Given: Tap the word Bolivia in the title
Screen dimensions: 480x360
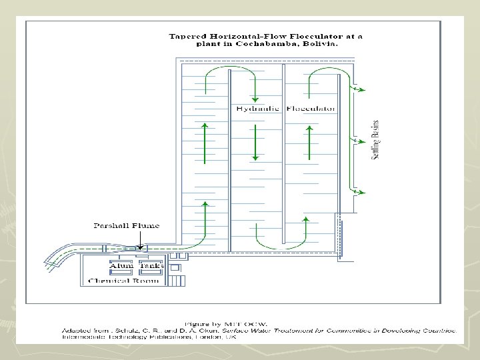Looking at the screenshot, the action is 321,44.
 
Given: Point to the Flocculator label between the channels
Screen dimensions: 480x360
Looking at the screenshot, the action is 311,108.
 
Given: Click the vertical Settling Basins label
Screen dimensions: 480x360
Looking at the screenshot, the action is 375,139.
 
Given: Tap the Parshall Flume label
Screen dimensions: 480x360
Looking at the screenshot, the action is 126,226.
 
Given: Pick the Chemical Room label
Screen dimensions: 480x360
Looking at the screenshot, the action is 124,281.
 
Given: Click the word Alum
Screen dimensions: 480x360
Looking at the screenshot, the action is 121,266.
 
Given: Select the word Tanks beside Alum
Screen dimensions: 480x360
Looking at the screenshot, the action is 152,266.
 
